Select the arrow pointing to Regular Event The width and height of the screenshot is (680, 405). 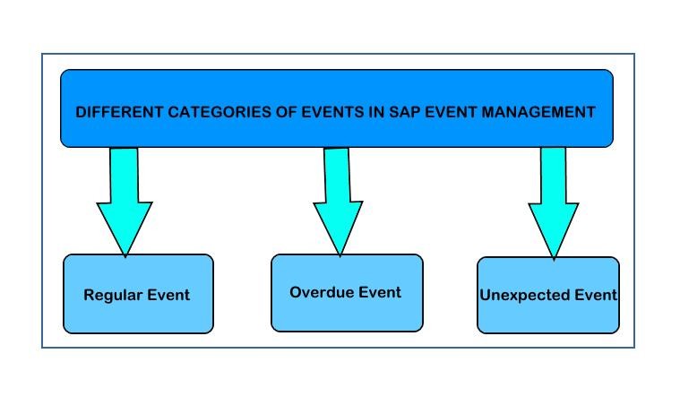pyautogui.click(x=125, y=202)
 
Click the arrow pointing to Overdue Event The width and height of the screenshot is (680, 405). pyautogui.click(x=338, y=202)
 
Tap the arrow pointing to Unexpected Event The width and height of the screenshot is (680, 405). pyautogui.click(x=554, y=203)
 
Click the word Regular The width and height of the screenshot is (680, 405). pyautogui.click(x=113, y=296)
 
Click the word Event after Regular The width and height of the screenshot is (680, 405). pyautogui.click(x=168, y=295)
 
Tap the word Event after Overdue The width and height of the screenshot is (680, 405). pyautogui.click(x=380, y=292)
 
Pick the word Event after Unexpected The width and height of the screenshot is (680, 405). pyautogui.click(x=595, y=295)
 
